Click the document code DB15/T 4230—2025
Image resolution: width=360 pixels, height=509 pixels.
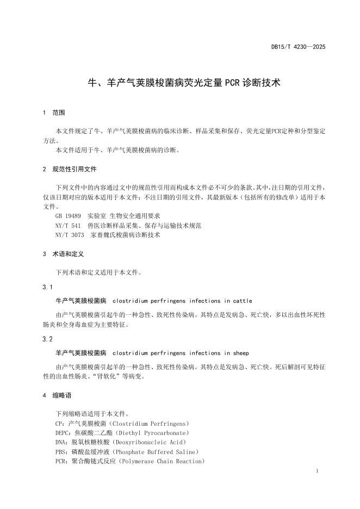coord(298,47)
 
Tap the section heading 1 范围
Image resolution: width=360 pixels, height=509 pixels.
coord(54,113)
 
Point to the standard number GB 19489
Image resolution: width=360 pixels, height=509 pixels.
coord(68,216)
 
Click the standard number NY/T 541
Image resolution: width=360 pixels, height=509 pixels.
coord(68,225)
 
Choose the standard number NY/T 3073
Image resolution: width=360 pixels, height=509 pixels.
coord(70,235)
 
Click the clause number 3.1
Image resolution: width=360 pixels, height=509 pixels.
coord(47,287)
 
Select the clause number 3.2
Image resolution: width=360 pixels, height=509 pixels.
coord(47,339)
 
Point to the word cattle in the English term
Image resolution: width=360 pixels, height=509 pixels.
coord(242,300)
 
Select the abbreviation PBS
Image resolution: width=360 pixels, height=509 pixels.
coord(61,451)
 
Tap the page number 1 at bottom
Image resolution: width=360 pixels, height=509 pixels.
coord(316,470)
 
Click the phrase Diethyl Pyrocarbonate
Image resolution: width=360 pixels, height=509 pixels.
coord(150,432)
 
